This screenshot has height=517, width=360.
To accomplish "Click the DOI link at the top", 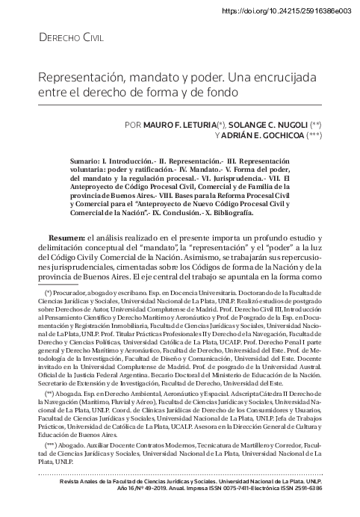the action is (286, 11).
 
